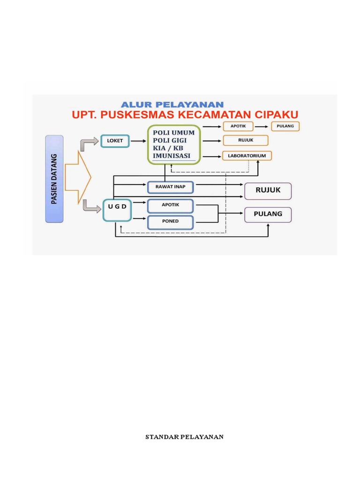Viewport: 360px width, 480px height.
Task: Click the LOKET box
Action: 114,140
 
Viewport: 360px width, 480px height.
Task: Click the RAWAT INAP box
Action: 170,187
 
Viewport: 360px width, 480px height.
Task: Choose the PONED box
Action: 170,221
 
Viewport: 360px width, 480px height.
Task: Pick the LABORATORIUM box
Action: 247,155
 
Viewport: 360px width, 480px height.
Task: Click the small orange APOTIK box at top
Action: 238,127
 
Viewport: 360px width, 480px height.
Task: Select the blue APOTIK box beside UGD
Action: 170,205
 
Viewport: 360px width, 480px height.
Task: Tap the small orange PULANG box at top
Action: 285,127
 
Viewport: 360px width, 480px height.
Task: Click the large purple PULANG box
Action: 268,214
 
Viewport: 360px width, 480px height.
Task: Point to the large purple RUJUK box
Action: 268,191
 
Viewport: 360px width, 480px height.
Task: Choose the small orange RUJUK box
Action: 246,140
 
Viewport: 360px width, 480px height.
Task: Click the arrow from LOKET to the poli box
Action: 137,140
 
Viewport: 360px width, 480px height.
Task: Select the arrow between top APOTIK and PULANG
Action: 262,127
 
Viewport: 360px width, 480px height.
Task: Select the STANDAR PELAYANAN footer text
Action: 184,437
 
